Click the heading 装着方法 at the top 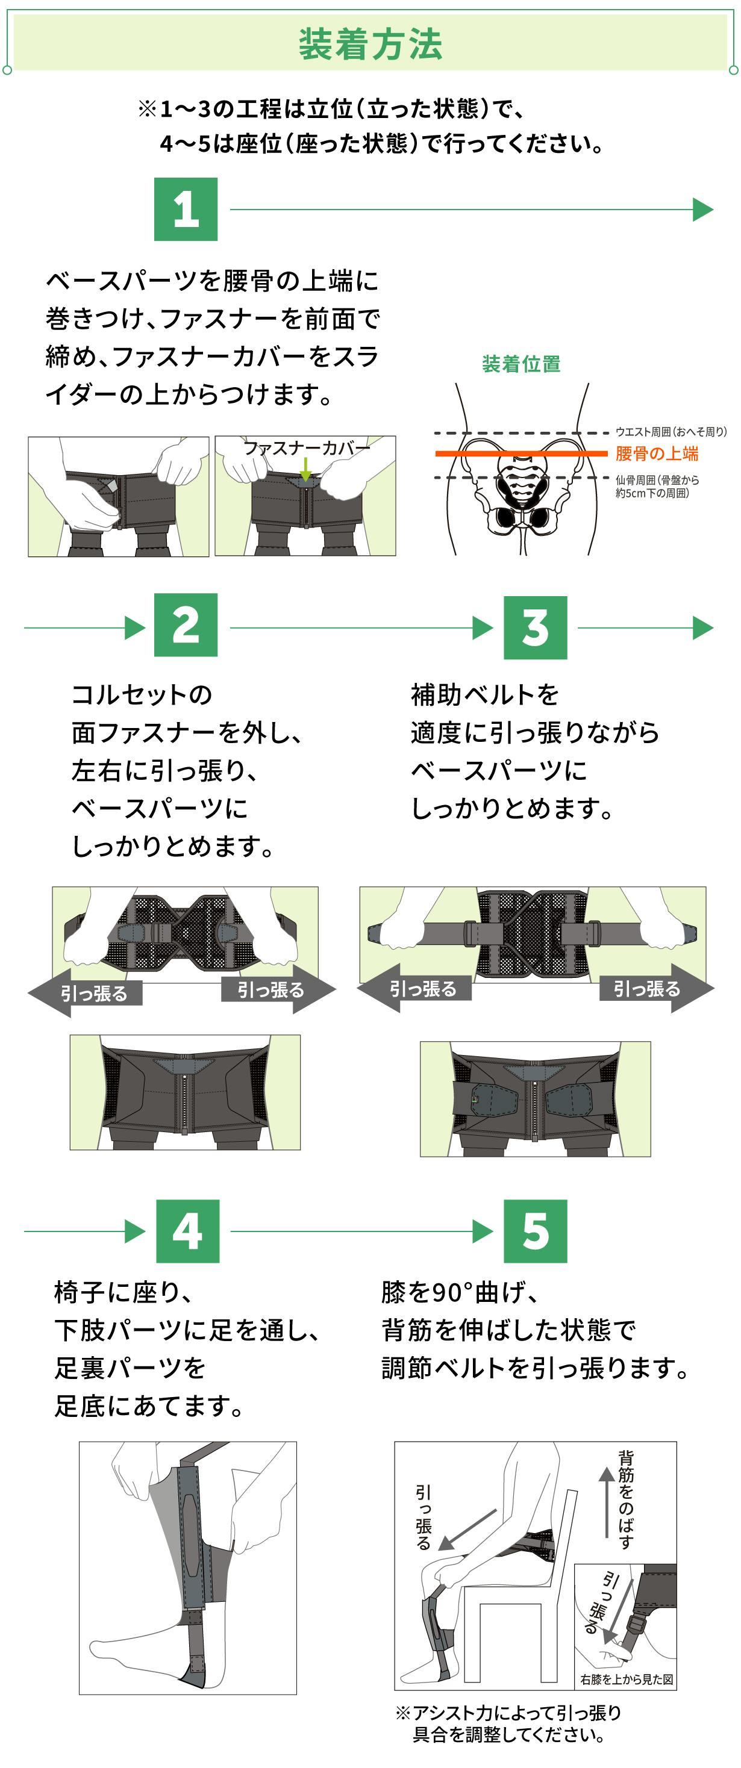point(370,44)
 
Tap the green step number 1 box point(186,210)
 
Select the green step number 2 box point(186,625)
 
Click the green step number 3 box point(535,627)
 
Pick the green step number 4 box point(187,1231)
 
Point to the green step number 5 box point(535,1231)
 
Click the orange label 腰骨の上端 point(657,453)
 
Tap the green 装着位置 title point(521,364)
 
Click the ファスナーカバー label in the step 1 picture point(306,448)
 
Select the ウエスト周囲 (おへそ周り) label point(671,432)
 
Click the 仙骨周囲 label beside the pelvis point(657,487)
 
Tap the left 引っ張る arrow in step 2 point(86,992)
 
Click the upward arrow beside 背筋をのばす point(605,1500)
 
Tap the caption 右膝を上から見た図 point(627,1679)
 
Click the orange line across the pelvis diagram point(522,453)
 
